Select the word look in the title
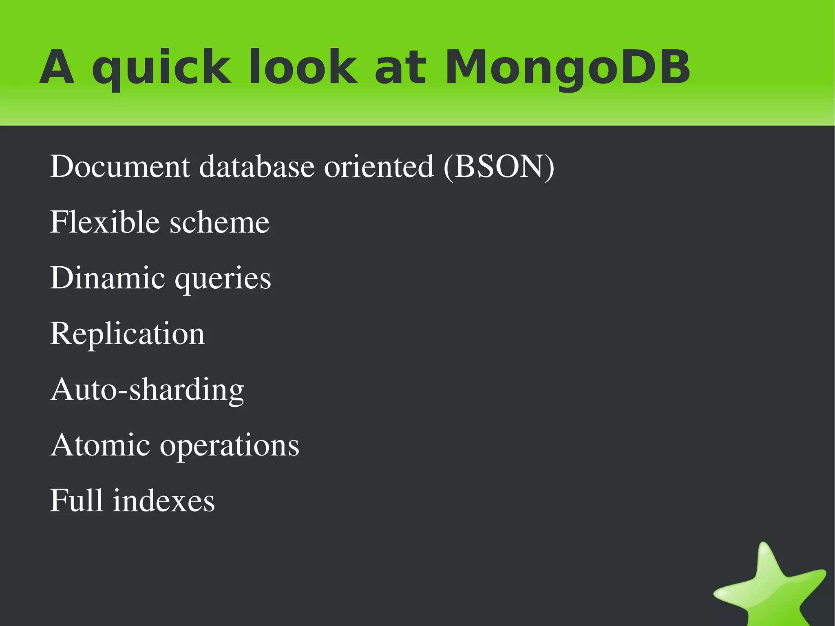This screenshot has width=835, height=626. pos(303,67)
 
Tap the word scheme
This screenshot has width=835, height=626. pos(219,223)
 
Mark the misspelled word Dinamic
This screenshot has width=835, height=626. pos(108,278)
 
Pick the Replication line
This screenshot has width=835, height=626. pos(127,334)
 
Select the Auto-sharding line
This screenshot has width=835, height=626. pos(147,390)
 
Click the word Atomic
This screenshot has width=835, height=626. pos(100,445)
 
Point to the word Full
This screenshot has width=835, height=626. pos(76,500)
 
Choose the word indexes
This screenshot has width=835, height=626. pos(163,500)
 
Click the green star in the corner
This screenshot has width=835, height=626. pos(770,587)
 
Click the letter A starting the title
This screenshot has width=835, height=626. pos(57,67)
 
